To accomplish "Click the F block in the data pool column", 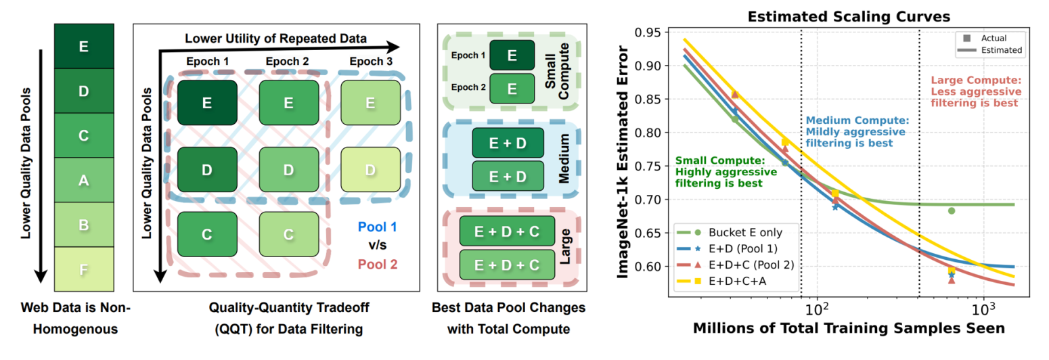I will (83, 269).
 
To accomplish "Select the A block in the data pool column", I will (83, 179).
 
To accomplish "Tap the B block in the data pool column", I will (83, 225).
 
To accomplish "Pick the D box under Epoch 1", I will (207, 168).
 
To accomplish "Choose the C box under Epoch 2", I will (288, 233).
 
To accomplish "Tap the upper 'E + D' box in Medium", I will (508, 143).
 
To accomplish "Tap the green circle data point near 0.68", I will (951, 211).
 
